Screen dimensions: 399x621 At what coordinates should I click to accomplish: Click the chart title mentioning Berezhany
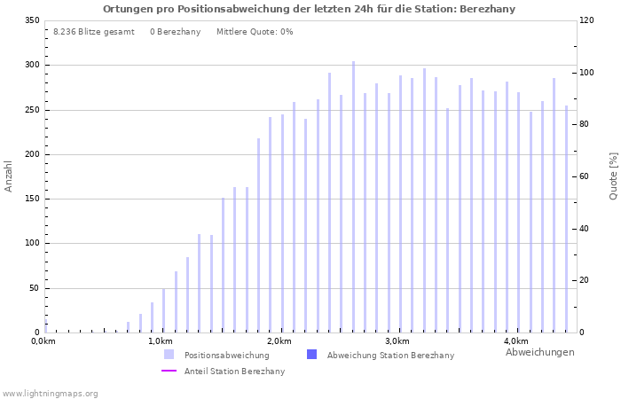point(309,9)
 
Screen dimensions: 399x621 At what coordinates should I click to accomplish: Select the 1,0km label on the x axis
point(160,342)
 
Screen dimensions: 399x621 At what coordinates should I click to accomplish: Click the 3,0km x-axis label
point(397,342)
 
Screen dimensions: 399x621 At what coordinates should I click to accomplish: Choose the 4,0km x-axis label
point(515,342)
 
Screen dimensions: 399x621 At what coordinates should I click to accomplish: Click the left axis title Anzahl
point(9,176)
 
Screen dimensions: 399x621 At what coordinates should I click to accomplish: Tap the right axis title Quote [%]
point(613,176)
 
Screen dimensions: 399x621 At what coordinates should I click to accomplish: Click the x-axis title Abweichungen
point(539,353)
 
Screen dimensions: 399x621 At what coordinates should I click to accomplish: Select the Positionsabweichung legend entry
point(226,356)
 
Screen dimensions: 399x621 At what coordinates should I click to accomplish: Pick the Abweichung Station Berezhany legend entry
point(389,356)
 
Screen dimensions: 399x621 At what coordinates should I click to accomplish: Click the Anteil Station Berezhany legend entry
point(234,372)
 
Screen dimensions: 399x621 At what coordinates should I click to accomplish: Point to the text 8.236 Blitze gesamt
point(94,32)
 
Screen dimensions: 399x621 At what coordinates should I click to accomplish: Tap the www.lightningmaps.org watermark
point(50,394)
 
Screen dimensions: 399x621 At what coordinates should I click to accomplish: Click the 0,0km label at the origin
point(42,342)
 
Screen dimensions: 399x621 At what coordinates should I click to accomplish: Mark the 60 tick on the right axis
point(586,176)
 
